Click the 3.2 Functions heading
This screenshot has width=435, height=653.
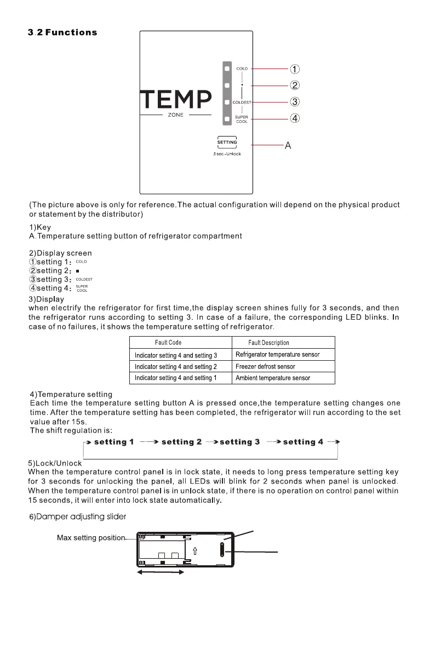coord(62,32)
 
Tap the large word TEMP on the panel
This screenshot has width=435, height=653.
coord(175,100)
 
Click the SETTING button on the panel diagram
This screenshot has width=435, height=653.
coord(227,143)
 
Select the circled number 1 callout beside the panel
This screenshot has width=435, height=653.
coord(294,69)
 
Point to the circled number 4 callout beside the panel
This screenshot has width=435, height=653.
coord(294,118)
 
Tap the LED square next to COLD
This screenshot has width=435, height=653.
coord(226,69)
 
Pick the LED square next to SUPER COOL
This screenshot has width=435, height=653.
coord(226,119)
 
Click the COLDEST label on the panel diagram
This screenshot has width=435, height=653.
coord(242,103)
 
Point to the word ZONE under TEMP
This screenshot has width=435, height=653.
coord(175,116)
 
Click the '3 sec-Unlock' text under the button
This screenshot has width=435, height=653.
coord(227,154)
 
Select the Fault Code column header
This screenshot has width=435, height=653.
coord(168,343)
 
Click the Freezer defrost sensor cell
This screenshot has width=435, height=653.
coord(265,366)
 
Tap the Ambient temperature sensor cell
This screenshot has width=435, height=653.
coord(272,378)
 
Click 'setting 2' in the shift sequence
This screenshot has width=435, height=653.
coord(181,442)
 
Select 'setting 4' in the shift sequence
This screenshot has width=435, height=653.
coord(303,442)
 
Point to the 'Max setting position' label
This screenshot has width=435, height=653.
coord(91,538)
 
